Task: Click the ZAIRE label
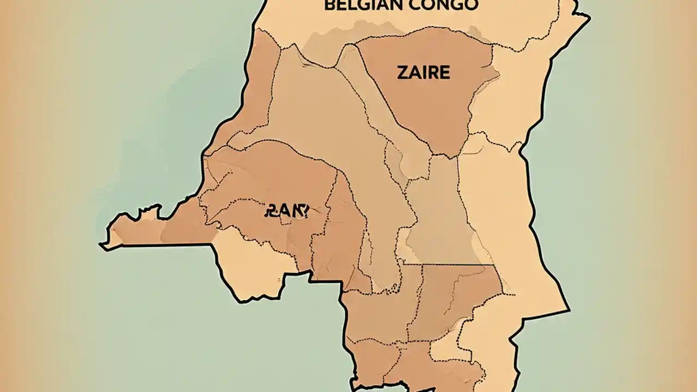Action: click(x=423, y=72)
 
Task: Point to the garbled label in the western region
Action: click(x=286, y=210)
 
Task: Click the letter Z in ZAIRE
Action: click(x=401, y=72)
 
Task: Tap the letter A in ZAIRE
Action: click(x=413, y=72)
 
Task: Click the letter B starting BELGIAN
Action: click(x=329, y=5)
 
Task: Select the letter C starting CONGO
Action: click(x=417, y=5)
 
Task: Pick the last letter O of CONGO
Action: click(x=472, y=5)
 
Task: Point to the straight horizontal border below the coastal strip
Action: click(x=163, y=245)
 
